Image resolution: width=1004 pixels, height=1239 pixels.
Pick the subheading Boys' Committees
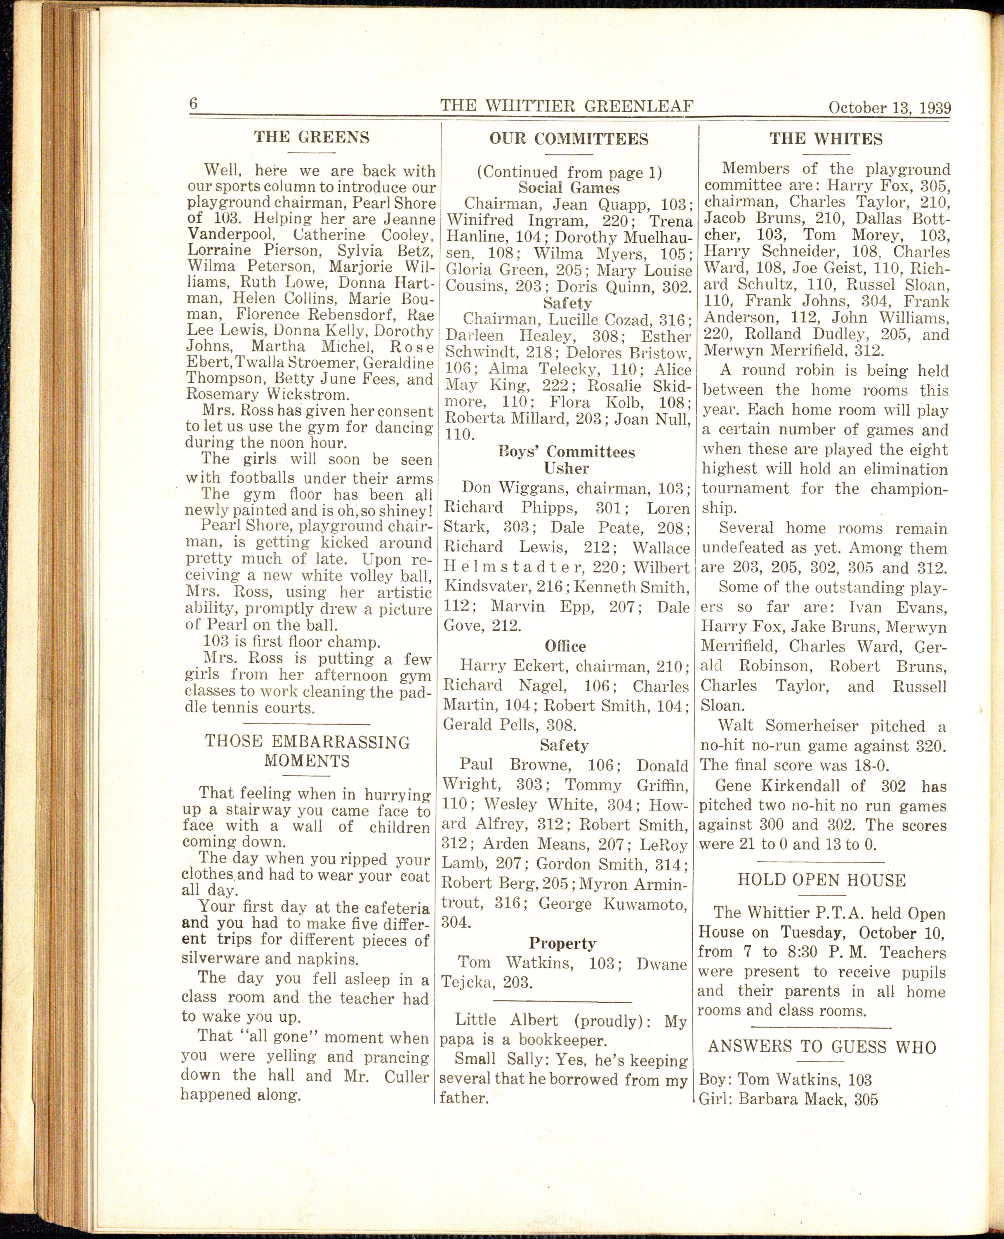coord(566,452)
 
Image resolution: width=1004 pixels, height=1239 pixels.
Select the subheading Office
coord(565,646)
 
